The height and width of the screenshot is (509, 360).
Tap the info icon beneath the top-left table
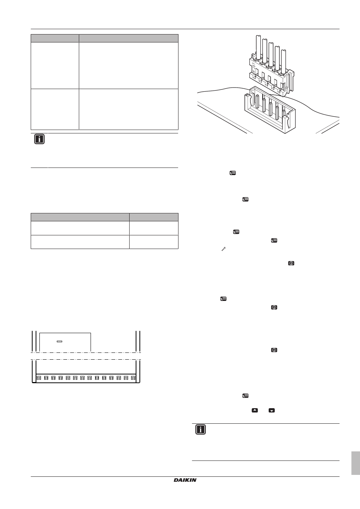tap(39, 139)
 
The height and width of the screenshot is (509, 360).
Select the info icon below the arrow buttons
tap(200, 429)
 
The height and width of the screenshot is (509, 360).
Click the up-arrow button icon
tap(255, 410)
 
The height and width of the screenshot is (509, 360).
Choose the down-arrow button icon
tap(272, 410)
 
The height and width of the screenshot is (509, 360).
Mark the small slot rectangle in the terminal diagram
tap(59, 341)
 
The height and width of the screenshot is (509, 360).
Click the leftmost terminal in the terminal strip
tap(39, 378)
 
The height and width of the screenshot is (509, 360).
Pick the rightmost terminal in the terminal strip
tap(133, 378)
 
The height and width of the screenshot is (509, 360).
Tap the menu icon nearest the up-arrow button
tap(245, 396)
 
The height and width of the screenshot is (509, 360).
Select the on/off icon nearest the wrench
tap(291, 263)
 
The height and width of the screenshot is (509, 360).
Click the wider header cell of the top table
tap(128, 38)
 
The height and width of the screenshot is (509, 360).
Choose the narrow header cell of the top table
tap(55, 38)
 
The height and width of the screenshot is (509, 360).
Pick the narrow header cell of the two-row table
tap(153, 217)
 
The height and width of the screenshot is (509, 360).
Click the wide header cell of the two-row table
tap(80, 217)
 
